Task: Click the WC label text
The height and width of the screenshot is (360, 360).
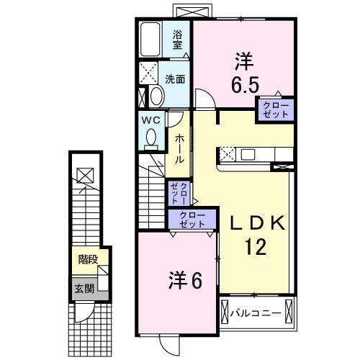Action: click(x=151, y=120)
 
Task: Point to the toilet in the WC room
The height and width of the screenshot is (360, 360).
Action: click(x=152, y=136)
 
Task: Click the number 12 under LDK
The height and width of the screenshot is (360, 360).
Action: click(x=255, y=247)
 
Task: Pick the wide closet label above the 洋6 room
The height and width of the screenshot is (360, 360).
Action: click(x=191, y=219)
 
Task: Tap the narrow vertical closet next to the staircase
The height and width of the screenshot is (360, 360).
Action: click(x=178, y=193)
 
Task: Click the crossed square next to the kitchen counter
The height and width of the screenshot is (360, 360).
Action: click(x=225, y=153)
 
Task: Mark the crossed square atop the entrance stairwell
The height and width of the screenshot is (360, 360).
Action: click(x=84, y=174)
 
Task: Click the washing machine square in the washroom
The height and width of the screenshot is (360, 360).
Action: click(x=150, y=73)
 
